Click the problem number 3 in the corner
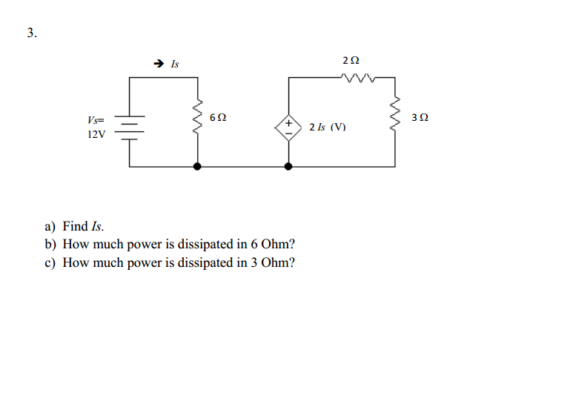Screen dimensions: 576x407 pos(32,33)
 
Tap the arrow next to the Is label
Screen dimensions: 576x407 pos(159,64)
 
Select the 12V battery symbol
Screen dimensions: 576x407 pos(129,128)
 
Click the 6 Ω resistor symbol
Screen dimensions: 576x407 pos(198,117)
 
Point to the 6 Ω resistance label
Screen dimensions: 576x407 pos(218,118)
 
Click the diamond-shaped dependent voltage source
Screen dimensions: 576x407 pos(288,128)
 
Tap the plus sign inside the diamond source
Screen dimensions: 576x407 pos(288,122)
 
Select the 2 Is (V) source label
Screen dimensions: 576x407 pos(328,127)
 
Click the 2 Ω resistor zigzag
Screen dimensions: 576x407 pos(358,78)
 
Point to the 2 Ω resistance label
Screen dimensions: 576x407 pos(351,60)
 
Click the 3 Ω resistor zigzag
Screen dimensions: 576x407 pos(395,114)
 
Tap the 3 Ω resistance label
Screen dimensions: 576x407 pos(420,118)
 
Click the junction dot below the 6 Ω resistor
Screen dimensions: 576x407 pos(197,166)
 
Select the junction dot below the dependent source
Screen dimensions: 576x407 pos(288,166)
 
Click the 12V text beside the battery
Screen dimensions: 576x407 pos(96,134)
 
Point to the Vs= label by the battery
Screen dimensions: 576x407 pos(96,120)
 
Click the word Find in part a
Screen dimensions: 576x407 pos(76,226)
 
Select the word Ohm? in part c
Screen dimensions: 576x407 pos(278,262)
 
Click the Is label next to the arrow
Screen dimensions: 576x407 pos(175,64)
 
